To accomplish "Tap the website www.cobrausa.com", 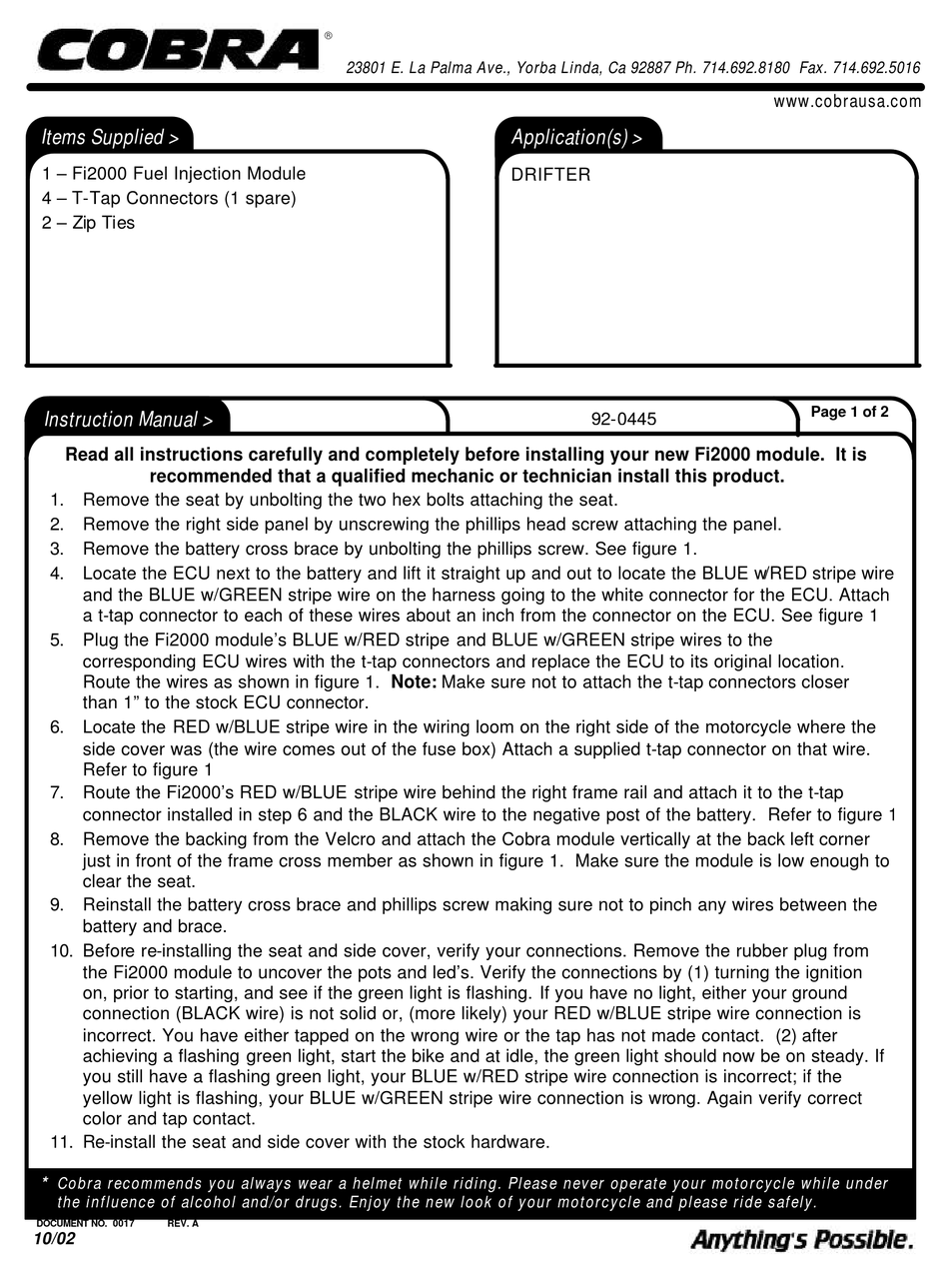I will [847, 101].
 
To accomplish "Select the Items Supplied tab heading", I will [110, 137].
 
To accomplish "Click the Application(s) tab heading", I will [576, 137].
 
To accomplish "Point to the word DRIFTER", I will [550, 175].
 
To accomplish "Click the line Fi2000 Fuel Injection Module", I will [174, 174].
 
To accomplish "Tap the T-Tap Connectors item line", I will [169, 198].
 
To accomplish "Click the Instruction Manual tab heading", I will [128, 420].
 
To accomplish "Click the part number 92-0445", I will [624, 420].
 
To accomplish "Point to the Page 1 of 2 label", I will [848, 412].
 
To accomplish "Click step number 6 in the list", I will [57, 727].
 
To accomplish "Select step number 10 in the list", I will [60, 950].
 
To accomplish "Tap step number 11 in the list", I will [60, 1142].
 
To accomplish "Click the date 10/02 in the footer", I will [54, 1239].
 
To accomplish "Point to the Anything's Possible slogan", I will [801, 1241].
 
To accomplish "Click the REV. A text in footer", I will [183, 1223].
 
